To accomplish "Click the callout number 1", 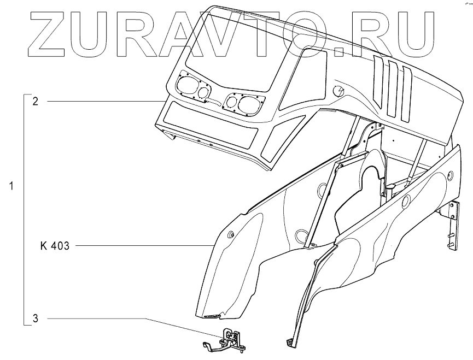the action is pos(11,186).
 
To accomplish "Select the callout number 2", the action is pos(34,102).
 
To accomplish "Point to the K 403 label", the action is pos(55,246).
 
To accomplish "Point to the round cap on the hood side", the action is pos(339,91).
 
